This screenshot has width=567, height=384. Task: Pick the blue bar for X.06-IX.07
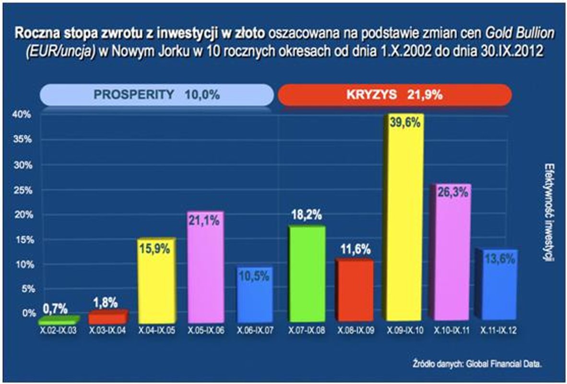coord(255,295)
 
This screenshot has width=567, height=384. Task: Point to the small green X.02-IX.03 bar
coord(58,320)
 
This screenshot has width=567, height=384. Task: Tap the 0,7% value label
coord(55,308)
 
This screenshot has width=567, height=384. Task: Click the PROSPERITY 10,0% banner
coord(156,95)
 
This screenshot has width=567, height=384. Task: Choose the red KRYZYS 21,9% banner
coord(394,95)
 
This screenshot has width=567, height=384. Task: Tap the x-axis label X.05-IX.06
coord(206,331)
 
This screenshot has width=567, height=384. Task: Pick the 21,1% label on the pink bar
coord(205,221)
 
